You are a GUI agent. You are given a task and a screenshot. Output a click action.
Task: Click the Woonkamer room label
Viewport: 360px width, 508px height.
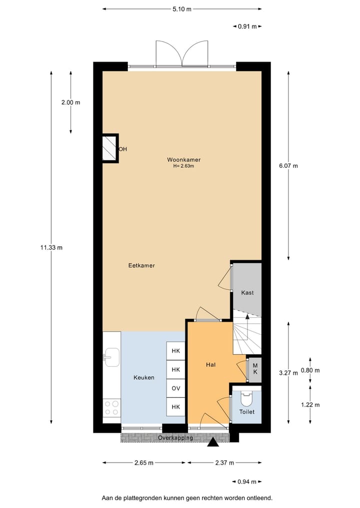pos(183,160)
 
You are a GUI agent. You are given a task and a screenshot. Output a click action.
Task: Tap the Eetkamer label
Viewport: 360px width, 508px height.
pos(141,266)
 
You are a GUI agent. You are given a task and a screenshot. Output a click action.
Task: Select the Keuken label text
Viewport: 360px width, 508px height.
pos(144,378)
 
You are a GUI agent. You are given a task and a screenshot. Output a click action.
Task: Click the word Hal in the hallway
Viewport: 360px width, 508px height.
pos(210,365)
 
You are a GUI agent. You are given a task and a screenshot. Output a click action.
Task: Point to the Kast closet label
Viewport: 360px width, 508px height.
pos(247,292)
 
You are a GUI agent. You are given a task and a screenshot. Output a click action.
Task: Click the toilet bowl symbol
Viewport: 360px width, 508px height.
pos(246,399)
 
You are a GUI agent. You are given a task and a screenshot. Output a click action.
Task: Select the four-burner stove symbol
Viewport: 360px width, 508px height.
pos(111,408)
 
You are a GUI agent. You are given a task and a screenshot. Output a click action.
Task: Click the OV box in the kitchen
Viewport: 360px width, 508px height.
pos(175,389)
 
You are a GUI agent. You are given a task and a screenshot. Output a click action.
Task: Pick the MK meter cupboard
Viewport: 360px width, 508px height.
pos(254,370)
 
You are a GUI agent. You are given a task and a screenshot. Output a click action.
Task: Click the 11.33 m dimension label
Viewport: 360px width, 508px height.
pos(51,247)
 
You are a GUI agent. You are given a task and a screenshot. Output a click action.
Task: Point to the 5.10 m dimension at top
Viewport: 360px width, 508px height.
pos(182,9)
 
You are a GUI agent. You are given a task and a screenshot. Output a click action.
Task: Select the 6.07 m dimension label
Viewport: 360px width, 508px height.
pos(288,166)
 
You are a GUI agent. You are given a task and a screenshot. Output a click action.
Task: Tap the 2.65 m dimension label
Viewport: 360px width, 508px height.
pos(144,463)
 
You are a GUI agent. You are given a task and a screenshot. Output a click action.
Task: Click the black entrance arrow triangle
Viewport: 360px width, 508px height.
pos(213,442)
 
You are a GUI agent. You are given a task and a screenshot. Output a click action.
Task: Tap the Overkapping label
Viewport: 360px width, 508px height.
pos(175,438)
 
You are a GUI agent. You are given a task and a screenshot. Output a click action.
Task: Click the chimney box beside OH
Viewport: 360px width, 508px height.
pos(110,148)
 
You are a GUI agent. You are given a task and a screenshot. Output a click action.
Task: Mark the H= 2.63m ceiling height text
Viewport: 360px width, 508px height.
pos(183,166)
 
